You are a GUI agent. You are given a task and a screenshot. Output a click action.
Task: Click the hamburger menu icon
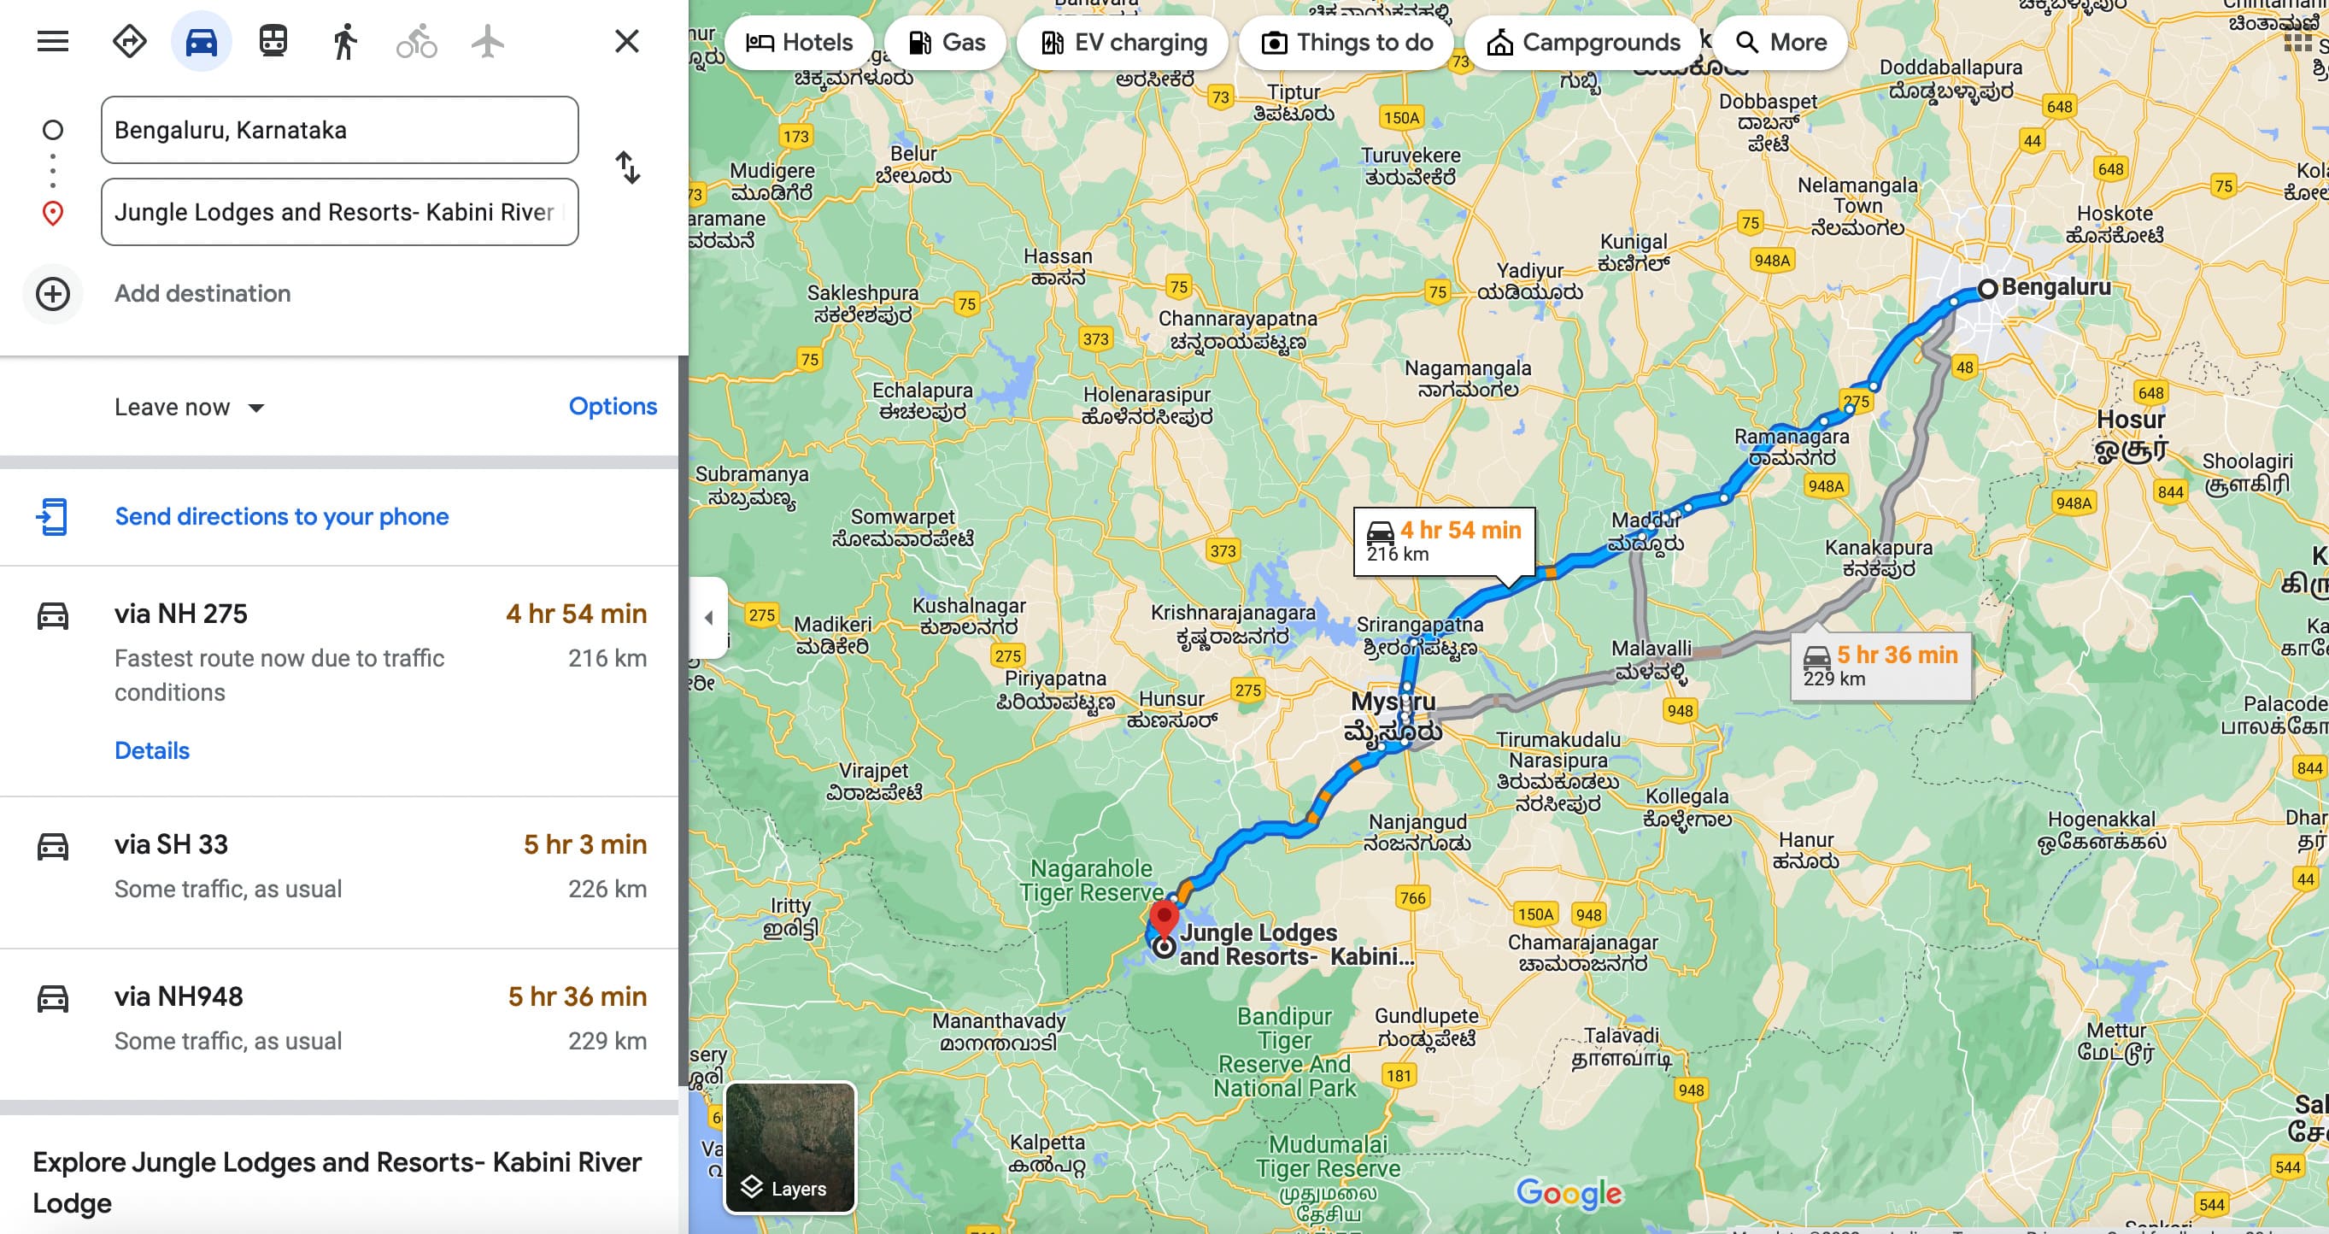click(x=52, y=42)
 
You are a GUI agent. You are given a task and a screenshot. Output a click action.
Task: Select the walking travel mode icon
click(x=344, y=42)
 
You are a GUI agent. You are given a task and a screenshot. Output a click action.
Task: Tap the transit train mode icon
click(x=273, y=42)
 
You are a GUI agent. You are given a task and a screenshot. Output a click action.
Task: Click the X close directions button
click(x=626, y=42)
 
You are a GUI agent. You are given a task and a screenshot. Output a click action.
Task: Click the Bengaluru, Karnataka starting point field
click(x=339, y=130)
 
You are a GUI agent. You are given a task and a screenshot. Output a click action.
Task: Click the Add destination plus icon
click(x=52, y=294)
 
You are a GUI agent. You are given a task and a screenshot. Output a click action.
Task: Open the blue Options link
click(x=612, y=407)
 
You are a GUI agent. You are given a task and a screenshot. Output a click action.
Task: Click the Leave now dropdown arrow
click(x=257, y=408)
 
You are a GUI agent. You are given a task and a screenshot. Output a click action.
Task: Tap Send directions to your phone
click(x=281, y=516)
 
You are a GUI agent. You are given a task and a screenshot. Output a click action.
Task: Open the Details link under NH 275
click(x=152, y=750)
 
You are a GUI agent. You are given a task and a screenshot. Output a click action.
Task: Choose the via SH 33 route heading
click(x=171, y=844)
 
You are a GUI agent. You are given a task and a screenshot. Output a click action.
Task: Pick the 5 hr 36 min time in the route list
click(x=577, y=996)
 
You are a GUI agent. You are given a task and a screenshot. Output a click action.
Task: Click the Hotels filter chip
click(x=799, y=43)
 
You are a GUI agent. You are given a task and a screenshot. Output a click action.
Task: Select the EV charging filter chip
click(x=1123, y=43)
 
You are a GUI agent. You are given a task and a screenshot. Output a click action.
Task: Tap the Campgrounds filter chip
click(x=1583, y=43)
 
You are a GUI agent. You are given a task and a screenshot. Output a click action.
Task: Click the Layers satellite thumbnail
click(x=789, y=1147)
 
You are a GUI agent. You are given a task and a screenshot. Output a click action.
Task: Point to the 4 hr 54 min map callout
click(x=1444, y=541)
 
